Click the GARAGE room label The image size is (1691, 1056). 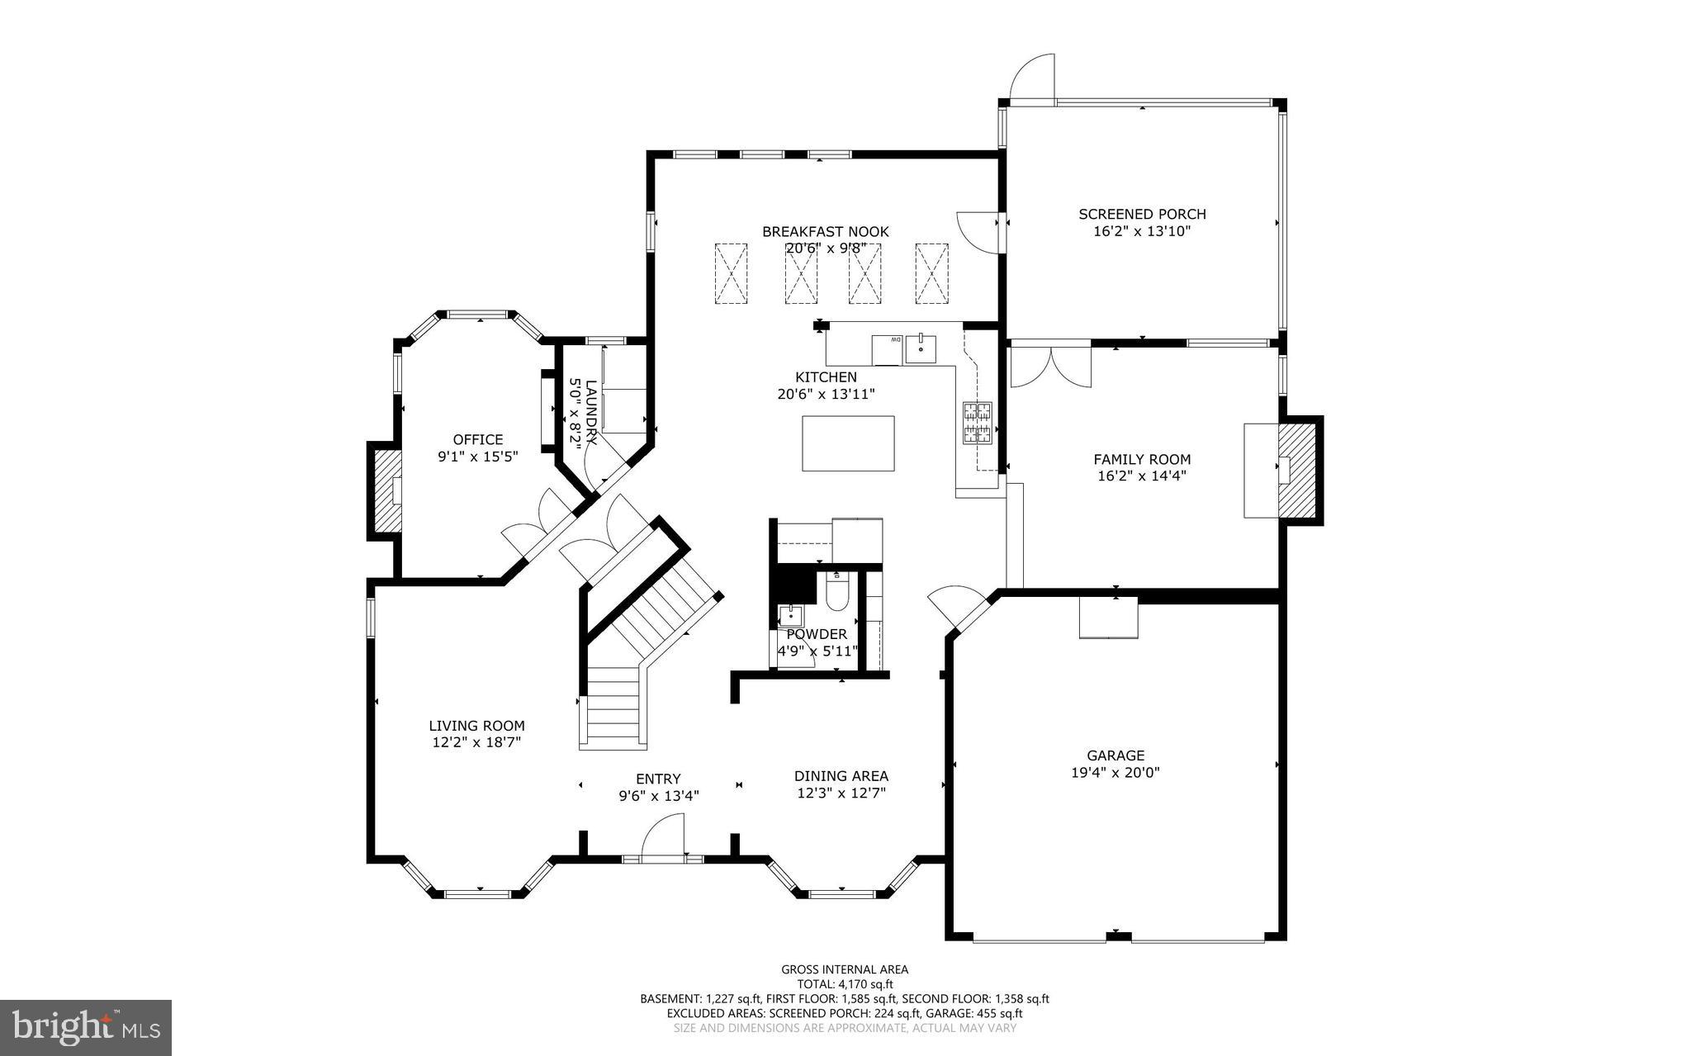[1115, 755]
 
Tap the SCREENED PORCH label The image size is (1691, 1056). [1142, 214]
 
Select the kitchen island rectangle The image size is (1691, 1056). [848, 443]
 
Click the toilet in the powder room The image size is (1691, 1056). [836, 593]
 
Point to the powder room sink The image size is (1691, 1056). [790, 614]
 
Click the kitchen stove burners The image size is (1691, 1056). [978, 422]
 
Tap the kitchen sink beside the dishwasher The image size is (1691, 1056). [921, 350]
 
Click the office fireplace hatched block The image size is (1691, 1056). [384, 491]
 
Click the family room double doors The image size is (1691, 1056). [1050, 367]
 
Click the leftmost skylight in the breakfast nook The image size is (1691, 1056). [730, 273]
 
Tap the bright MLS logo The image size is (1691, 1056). [86, 1027]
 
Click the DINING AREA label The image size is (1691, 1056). [841, 775]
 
